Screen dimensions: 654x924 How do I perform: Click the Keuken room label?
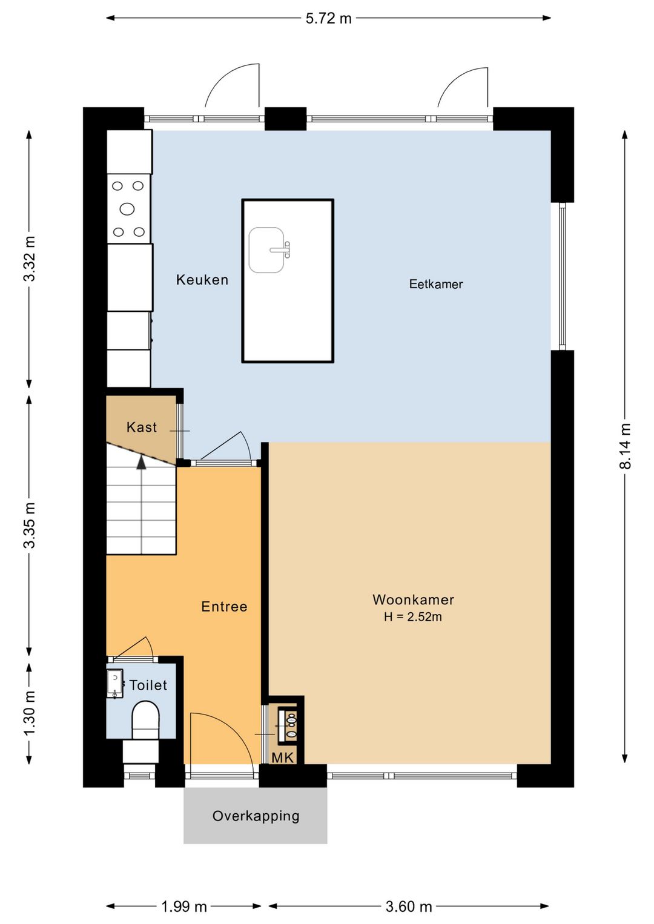pyautogui.click(x=202, y=280)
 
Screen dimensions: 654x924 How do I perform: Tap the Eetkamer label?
pyautogui.click(x=436, y=284)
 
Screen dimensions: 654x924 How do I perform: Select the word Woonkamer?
pyautogui.click(x=413, y=599)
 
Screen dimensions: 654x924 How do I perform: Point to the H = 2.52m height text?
pyautogui.click(x=412, y=616)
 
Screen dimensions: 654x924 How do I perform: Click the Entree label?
pyautogui.click(x=224, y=606)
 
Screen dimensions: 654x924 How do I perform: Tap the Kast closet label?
pyautogui.click(x=142, y=427)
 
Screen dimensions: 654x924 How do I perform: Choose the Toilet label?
pyautogui.click(x=148, y=685)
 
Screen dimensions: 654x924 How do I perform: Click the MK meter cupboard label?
pyautogui.click(x=283, y=757)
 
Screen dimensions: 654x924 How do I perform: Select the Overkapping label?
pyautogui.click(x=256, y=816)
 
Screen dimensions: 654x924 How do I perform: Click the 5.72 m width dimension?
pyautogui.click(x=328, y=19)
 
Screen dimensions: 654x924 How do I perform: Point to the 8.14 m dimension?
pyautogui.click(x=625, y=446)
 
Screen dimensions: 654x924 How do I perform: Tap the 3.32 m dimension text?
pyautogui.click(x=30, y=258)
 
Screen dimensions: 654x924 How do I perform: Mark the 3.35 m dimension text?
pyautogui.click(x=30, y=525)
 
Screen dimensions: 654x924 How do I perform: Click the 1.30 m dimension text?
pyautogui.click(x=30, y=713)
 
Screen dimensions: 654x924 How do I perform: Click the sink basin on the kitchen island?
pyautogui.click(x=266, y=250)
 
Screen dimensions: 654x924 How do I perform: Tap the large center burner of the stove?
pyautogui.click(x=127, y=209)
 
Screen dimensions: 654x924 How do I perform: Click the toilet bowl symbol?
pyautogui.click(x=145, y=719)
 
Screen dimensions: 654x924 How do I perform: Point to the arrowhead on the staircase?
pyautogui.click(x=142, y=462)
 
